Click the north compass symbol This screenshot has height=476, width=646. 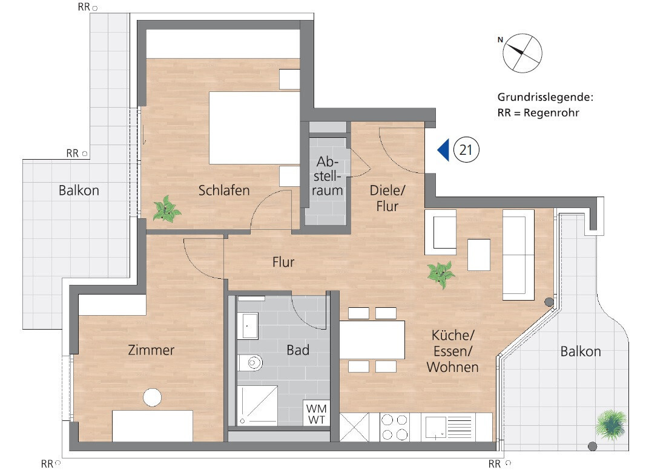[x=522, y=51]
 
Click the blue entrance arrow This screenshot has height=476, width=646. [x=443, y=150]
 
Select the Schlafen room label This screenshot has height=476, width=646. [x=224, y=191]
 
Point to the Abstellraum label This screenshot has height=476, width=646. [x=328, y=177]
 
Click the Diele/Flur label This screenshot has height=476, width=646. [x=387, y=198]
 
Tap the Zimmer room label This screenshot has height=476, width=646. [x=151, y=350]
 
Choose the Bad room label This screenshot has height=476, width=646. [x=298, y=350]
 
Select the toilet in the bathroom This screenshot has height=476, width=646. [x=251, y=363]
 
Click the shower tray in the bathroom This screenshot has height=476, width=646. [x=257, y=405]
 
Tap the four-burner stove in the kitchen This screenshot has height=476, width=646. [x=394, y=427]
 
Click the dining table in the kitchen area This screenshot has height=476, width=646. [x=372, y=339]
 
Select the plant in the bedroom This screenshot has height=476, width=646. [x=166, y=209]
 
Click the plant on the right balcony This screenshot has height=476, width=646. [x=610, y=423]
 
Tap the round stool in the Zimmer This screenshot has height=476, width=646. [x=152, y=397]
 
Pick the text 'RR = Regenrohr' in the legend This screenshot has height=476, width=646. [x=535, y=112]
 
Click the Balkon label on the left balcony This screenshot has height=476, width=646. [x=79, y=191]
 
